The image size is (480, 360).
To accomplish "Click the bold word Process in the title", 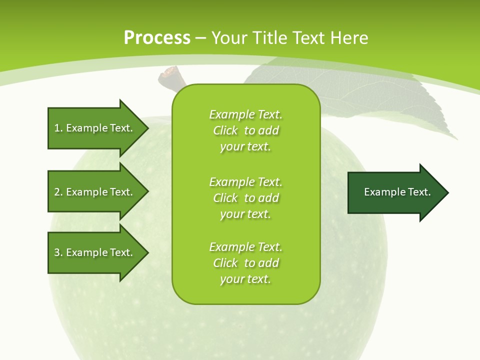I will pyautogui.click(x=157, y=37).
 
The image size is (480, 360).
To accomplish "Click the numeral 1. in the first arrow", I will pyautogui.click(x=58, y=128).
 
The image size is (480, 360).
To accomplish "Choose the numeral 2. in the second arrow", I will pyautogui.click(x=58, y=192).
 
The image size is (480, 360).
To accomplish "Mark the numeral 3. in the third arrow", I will pyautogui.click(x=58, y=252).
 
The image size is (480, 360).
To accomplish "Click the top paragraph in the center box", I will pyautogui.click(x=245, y=130).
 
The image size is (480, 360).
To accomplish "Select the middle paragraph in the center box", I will pyautogui.click(x=245, y=198).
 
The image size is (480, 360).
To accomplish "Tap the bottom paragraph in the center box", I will pyautogui.click(x=245, y=263).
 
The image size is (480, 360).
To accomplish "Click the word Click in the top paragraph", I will pyautogui.click(x=225, y=130).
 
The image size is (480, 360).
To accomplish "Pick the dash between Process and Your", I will pyautogui.click(x=200, y=38).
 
